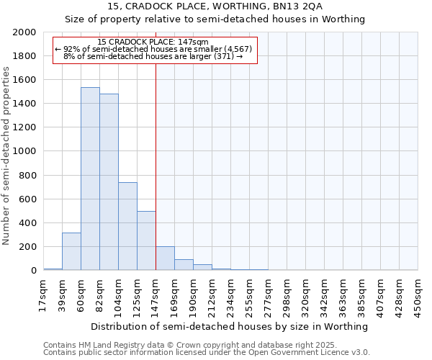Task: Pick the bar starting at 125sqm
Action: [146, 240]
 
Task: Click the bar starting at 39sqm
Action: [71, 251]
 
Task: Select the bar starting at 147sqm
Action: [165, 258]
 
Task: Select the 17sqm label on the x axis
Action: [43, 292]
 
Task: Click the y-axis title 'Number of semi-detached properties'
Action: [7, 156]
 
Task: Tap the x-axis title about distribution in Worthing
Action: [230, 326]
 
